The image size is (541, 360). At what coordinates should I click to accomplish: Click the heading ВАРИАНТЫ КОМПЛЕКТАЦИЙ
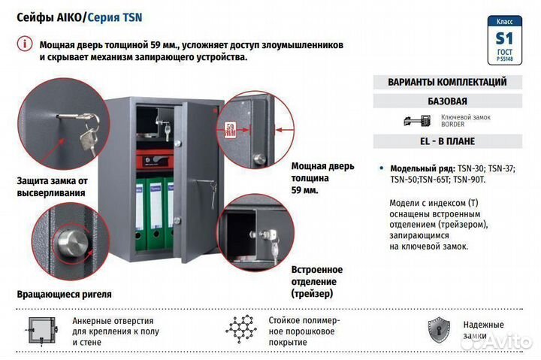click(446, 82)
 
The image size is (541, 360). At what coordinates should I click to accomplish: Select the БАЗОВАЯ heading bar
click(446, 101)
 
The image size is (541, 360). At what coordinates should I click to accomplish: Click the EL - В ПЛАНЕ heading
click(446, 141)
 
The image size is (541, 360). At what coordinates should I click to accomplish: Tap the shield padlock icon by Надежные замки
click(439, 329)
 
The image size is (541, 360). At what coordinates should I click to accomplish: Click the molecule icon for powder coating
click(241, 328)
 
